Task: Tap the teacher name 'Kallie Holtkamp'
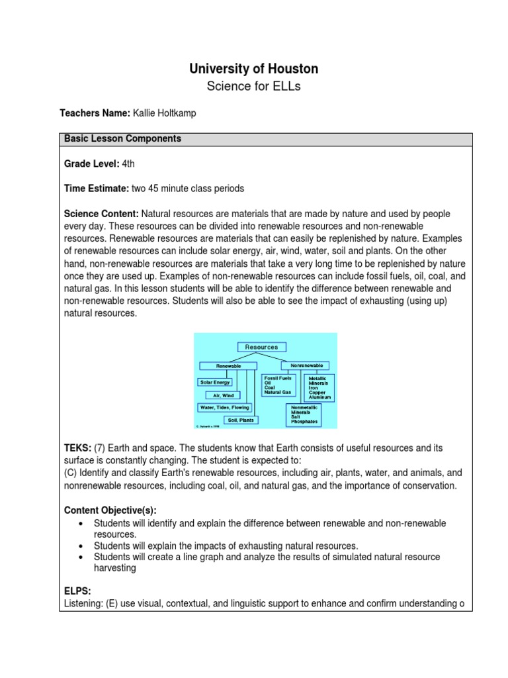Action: (x=165, y=114)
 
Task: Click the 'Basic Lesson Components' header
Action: (x=122, y=139)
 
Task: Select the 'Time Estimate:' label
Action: (x=97, y=189)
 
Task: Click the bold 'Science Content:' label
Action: (x=101, y=215)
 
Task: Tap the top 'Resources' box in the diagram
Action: (x=261, y=347)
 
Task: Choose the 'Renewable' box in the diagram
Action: (x=227, y=365)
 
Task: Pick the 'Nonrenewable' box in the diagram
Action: (x=304, y=365)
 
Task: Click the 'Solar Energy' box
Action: (x=216, y=382)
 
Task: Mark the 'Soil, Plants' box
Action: (x=240, y=420)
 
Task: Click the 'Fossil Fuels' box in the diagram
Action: (x=277, y=385)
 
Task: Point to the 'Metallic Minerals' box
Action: (x=318, y=388)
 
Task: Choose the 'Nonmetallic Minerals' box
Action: (x=304, y=414)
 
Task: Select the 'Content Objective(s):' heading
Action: (x=110, y=510)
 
